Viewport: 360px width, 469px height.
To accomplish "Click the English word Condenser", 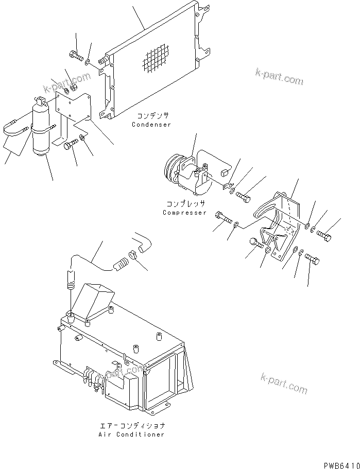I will click(151, 125).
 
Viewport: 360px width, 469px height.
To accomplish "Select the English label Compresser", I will click(184, 213).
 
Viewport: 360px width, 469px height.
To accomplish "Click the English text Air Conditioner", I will click(132, 435).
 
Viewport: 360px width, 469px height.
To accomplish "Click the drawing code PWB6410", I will click(341, 464).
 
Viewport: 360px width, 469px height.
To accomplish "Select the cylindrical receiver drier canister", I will click(41, 129).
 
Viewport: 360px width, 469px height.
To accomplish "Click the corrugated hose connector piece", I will click(119, 265).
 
